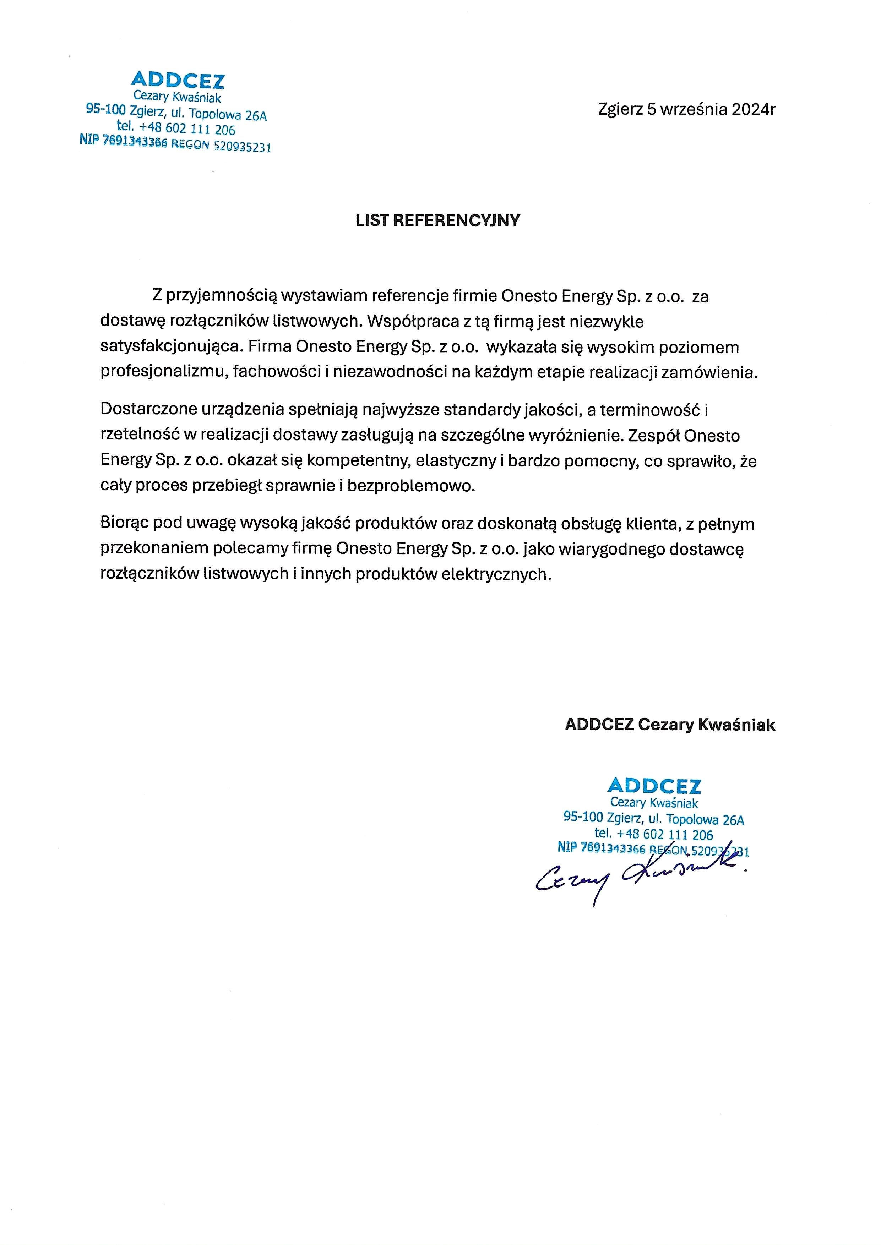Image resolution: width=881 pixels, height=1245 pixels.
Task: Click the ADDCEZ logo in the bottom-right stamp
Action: pos(654,786)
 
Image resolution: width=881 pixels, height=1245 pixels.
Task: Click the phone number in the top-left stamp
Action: pos(187,129)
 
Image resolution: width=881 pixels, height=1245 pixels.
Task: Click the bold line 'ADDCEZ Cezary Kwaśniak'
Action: pos(670,725)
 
